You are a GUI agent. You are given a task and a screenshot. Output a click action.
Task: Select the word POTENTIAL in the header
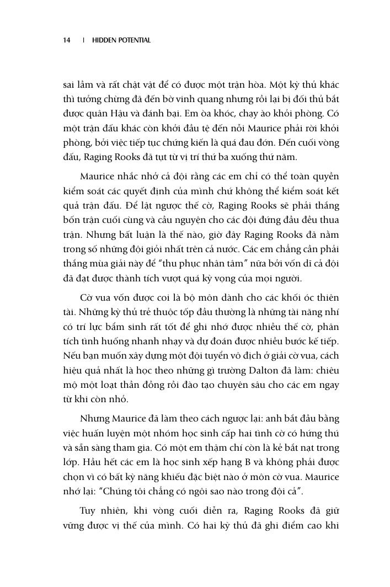[x=135, y=40]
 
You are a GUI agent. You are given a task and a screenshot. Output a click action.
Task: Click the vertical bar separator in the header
[x=83, y=40]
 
